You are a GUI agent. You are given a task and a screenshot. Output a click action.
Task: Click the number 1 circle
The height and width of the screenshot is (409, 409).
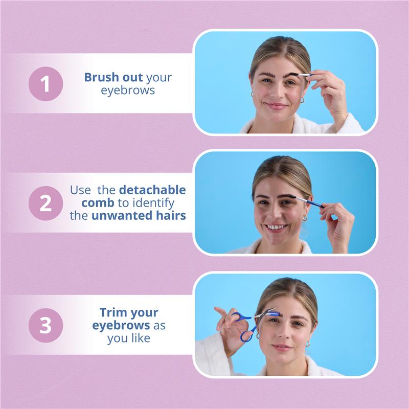[46, 84]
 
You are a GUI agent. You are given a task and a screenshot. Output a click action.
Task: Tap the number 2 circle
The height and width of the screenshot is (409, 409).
[46, 203]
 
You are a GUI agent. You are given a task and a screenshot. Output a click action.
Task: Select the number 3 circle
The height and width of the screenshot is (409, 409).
[46, 325]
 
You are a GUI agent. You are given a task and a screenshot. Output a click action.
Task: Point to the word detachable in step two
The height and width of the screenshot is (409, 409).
[152, 190]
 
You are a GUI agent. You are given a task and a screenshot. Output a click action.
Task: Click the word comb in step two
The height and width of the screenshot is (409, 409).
[98, 202]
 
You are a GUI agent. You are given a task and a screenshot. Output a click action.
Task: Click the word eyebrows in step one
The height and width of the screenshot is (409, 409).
[128, 90]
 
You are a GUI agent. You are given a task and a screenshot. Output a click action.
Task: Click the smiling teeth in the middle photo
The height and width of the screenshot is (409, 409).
[276, 227]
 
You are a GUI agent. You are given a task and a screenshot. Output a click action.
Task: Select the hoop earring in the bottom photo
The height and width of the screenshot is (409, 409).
[308, 343]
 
